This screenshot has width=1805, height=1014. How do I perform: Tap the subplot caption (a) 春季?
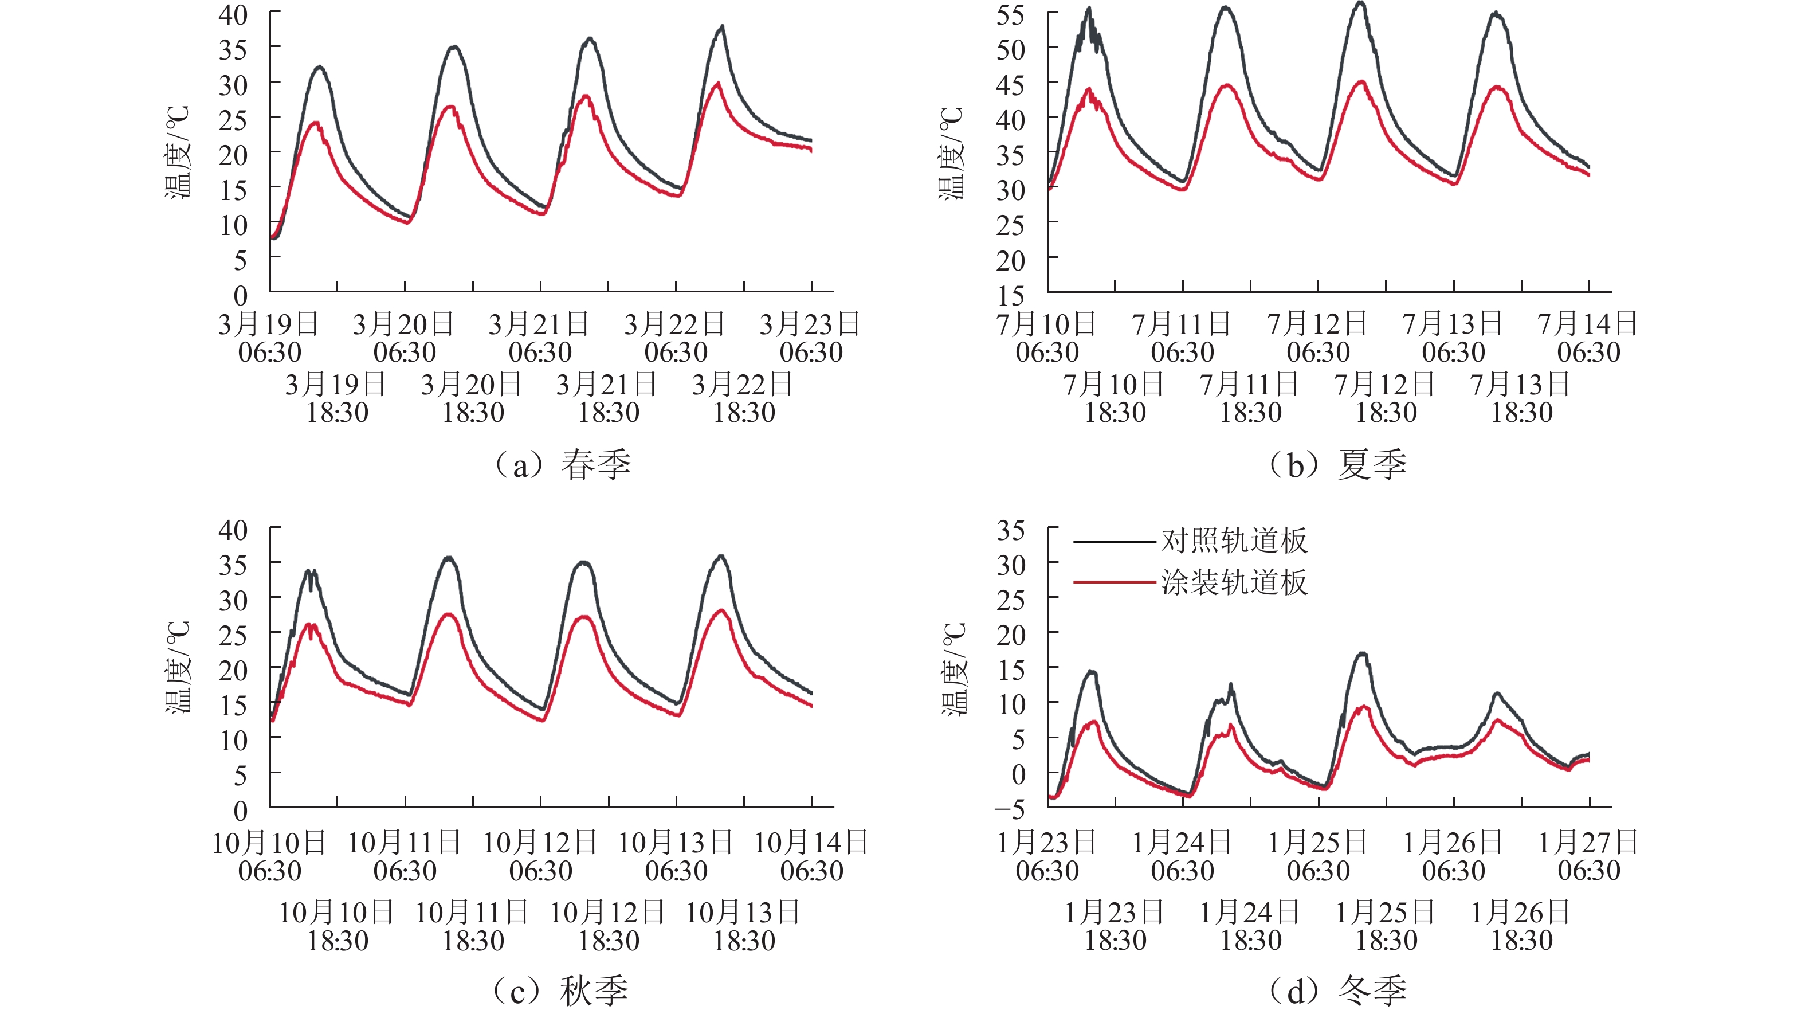click(x=563, y=465)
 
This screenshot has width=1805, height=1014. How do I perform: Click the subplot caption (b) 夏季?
click(x=1339, y=465)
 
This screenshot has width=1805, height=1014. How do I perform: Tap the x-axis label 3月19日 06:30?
click(x=269, y=338)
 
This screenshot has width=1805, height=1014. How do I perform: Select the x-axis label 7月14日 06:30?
click(x=1588, y=338)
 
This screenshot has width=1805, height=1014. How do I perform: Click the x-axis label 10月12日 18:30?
click(x=608, y=926)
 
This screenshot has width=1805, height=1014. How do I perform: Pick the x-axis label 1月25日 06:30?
click(x=1318, y=856)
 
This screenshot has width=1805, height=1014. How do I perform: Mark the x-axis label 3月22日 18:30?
click(x=743, y=398)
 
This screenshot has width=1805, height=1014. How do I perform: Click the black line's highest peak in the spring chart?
click(x=722, y=26)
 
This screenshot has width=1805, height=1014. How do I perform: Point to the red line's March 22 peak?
click(x=717, y=83)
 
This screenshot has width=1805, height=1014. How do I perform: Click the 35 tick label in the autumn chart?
click(x=233, y=565)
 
